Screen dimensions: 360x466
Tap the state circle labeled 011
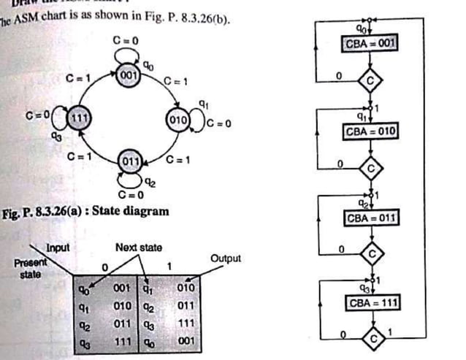coord(130,161)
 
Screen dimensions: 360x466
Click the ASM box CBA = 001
coord(370,44)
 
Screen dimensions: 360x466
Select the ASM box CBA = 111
coord(370,302)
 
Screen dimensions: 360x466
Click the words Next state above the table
coord(137,248)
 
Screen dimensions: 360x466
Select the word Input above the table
coord(58,248)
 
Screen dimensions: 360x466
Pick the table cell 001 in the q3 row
coord(184,340)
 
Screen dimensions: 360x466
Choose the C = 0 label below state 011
coord(129,195)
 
